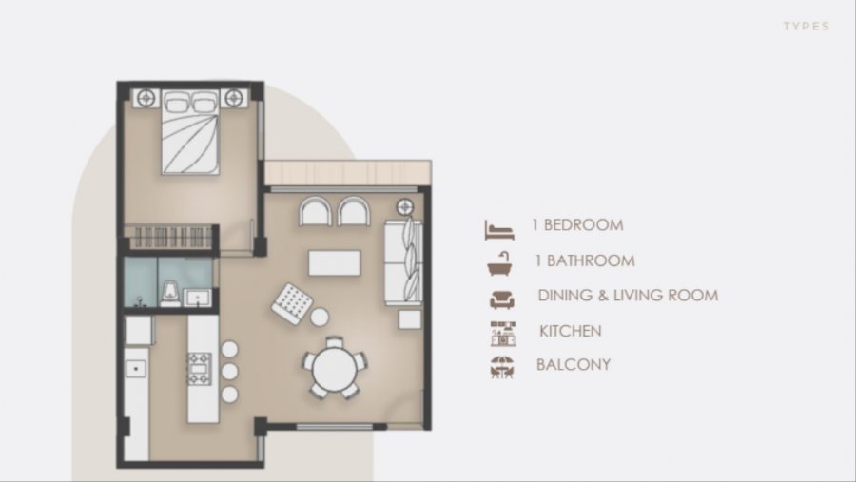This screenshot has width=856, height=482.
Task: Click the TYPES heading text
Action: (x=807, y=27)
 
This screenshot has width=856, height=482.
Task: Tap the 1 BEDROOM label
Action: (x=577, y=225)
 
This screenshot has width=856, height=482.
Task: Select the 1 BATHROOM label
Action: (x=585, y=260)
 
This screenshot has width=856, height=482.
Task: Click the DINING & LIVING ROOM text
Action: (x=628, y=296)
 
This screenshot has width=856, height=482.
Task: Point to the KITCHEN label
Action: (x=571, y=331)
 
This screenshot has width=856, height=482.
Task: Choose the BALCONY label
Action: (x=574, y=364)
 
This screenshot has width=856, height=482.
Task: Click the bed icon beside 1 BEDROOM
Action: (x=499, y=230)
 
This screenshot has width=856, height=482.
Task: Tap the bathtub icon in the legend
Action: (x=500, y=263)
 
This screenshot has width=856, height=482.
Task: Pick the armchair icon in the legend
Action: (x=501, y=299)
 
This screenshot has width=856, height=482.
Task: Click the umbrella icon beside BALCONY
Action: (x=501, y=367)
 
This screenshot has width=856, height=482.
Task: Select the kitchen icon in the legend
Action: (x=502, y=334)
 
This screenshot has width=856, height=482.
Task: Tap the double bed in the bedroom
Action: (x=190, y=132)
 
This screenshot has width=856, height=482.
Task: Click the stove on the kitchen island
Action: (x=200, y=369)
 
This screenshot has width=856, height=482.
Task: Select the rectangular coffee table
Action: (x=335, y=263)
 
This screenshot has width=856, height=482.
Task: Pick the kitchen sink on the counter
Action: (x=136, y=370)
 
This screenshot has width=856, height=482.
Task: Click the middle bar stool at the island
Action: (x=230, y=372)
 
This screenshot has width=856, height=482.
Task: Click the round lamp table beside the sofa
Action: (x=404, y=207)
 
